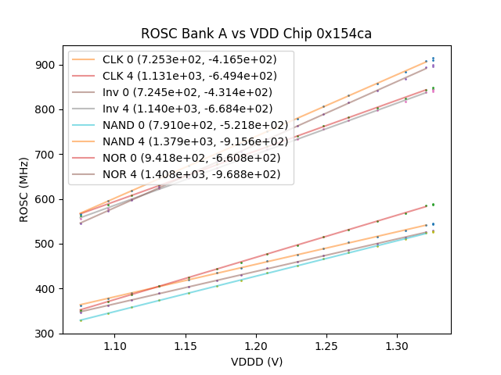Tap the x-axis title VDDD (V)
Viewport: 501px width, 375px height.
point(256,362)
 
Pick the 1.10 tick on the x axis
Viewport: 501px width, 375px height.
point(115,345)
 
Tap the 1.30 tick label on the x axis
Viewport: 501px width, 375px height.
point(397,345)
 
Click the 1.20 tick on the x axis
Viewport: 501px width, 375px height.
point(256,345)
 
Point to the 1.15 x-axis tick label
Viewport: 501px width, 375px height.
point(186,345)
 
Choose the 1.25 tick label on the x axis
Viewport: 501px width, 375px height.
point(326,345)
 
